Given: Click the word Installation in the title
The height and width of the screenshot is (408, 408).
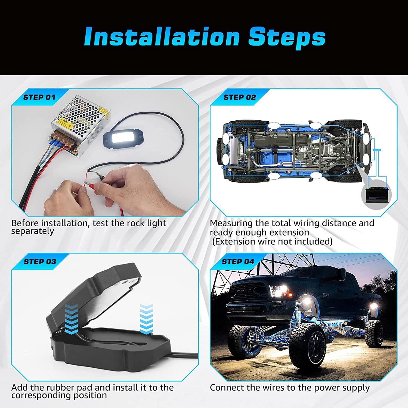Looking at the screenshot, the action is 162,37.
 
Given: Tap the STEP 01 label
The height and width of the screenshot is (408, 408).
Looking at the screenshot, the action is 39,97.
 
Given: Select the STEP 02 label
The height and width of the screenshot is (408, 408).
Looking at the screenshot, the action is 240,97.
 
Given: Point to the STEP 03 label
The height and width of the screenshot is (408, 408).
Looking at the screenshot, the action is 40,262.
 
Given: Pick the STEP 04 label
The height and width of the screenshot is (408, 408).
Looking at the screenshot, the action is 238,262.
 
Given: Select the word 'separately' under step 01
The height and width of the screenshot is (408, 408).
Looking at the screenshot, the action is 33,231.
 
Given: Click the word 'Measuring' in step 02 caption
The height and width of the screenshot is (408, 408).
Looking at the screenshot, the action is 231,224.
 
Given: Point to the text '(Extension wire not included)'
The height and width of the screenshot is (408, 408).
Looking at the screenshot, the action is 272,242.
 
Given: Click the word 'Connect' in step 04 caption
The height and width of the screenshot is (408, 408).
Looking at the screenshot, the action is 227,388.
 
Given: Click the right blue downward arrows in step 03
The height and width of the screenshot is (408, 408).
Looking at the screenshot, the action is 146,319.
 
